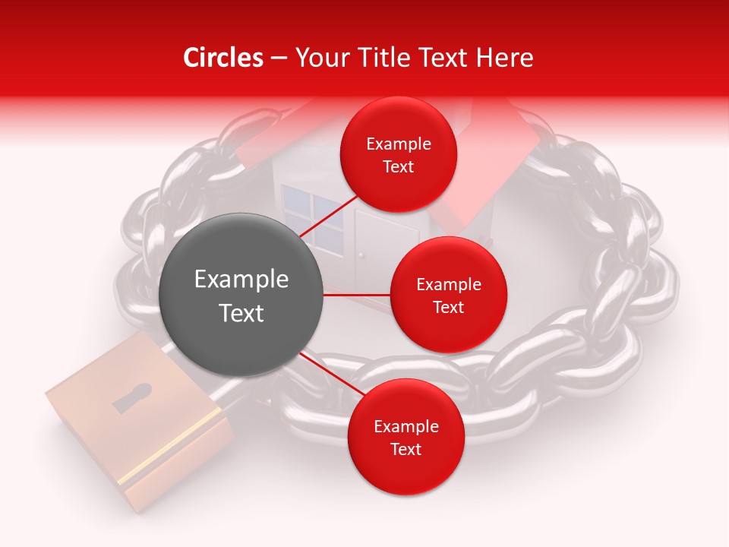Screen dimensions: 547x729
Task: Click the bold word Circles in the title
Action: pyautogui.click(x=222, y=58)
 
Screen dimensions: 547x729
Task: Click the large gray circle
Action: pyautogui.click(x=241, y=295)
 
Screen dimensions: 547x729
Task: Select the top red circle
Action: pyautogui.click(x=399, y=154)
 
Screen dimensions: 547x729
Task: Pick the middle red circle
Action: pyautogui.click(x=448, y=295)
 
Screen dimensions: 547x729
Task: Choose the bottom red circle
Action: pyautogui.click(x=406, y=437)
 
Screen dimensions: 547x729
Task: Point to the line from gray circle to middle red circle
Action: pyautogui.click(x=356, y=295)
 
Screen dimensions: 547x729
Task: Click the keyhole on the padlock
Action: pyautogui.click(x=132, y=397)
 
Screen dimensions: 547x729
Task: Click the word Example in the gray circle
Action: pyautogui.click(x=241, y=280)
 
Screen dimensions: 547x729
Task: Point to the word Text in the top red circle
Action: pyautogui.click(x=399, y=166)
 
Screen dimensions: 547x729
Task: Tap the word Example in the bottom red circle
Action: pyautogui.click(x=406, y=426)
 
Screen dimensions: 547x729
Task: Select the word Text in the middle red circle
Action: pyautogui.click(x=448, y=307)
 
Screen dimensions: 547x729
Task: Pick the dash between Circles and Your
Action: pyautogui.click(x=278, y=58)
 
